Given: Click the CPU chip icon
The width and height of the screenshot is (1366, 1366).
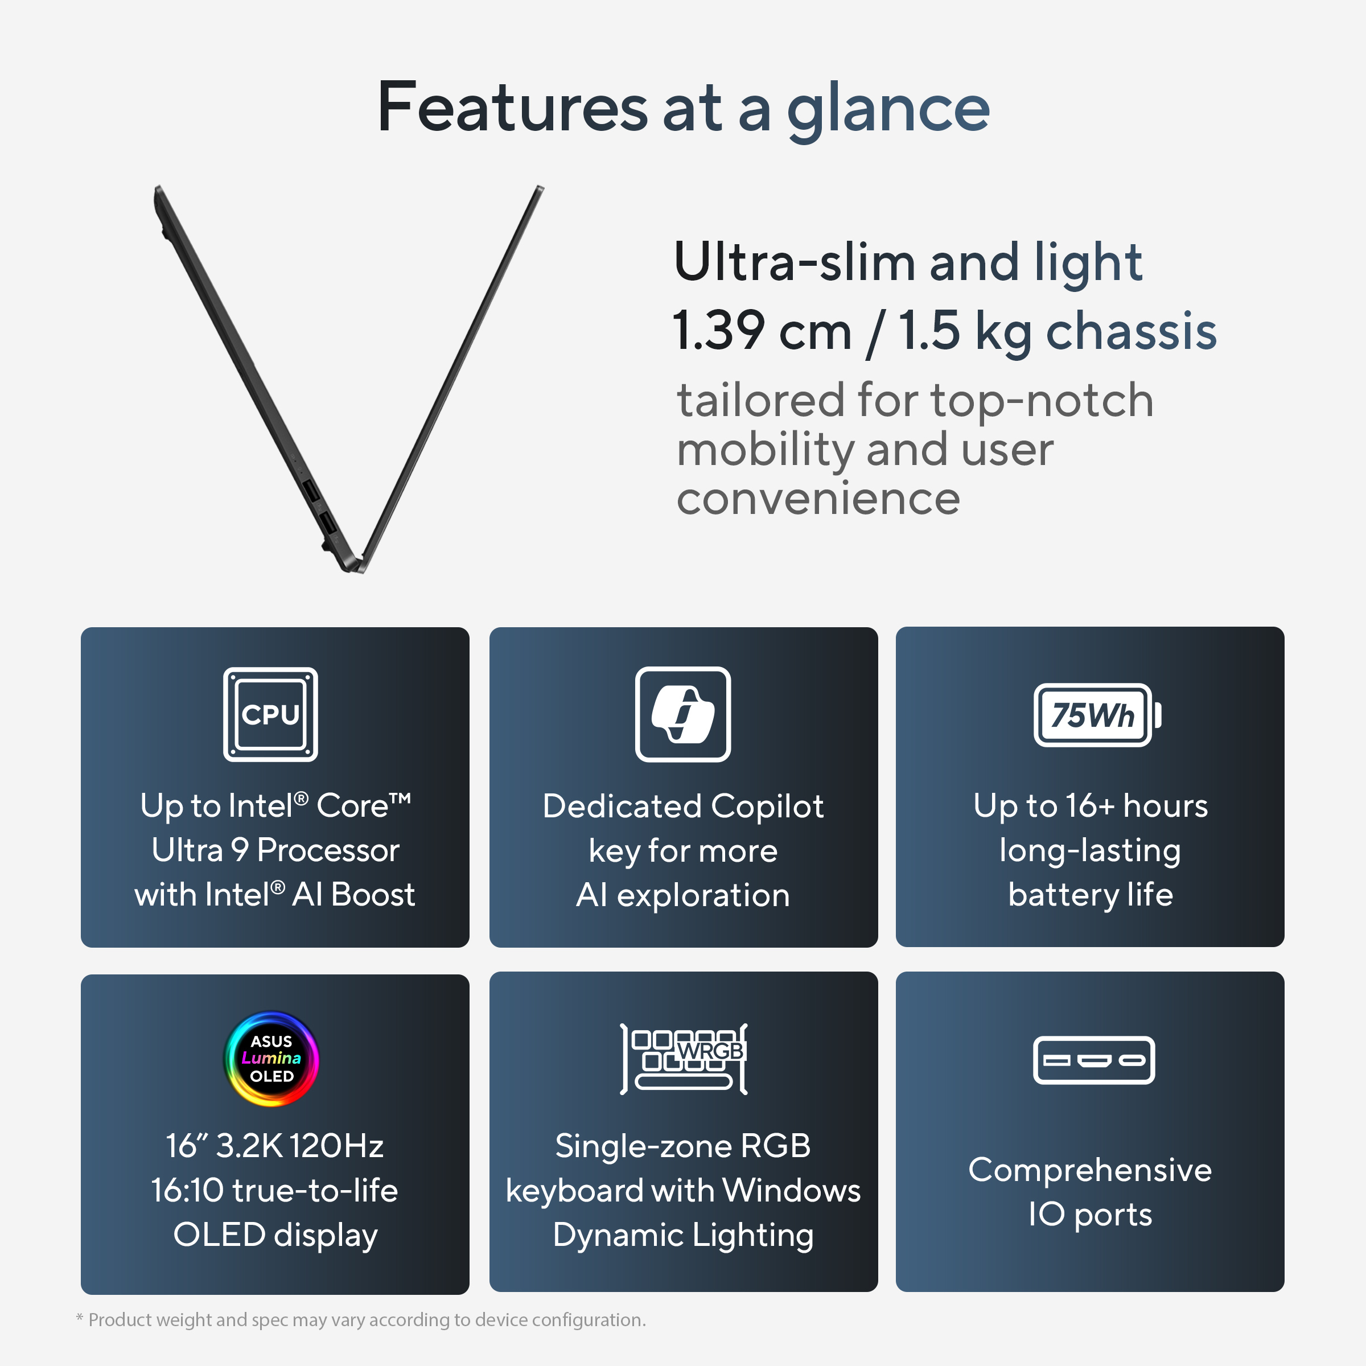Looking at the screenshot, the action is [x=271, y=714].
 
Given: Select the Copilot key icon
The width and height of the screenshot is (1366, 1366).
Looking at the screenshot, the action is [x=683, y=714].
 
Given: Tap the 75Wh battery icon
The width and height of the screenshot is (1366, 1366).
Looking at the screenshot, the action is [x=1097, y=715].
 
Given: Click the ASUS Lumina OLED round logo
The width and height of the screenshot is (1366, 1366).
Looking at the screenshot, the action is [x=271, y=1059].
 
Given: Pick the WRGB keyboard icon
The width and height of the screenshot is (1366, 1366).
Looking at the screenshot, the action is [x=684, y=1059].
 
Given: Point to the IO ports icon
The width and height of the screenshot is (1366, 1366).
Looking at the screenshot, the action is [x=1094, y=1060].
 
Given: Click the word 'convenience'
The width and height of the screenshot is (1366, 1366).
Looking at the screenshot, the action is [x=818, y=499].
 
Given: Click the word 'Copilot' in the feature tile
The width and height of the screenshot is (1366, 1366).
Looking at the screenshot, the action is [x=767, y=806].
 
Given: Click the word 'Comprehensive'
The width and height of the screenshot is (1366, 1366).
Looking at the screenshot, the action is [x=1089, y=1170].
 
